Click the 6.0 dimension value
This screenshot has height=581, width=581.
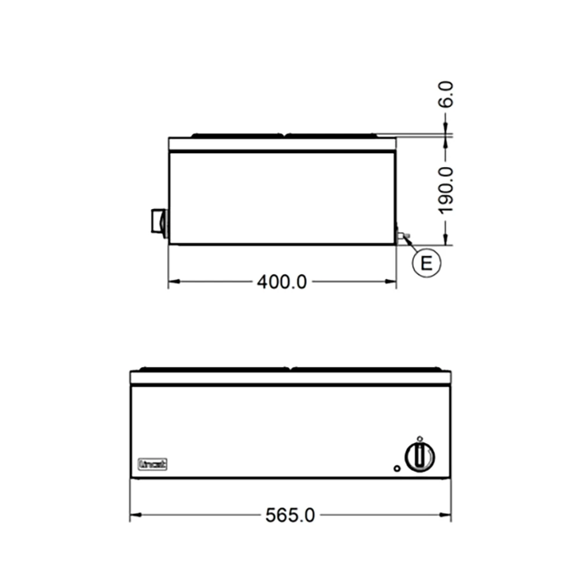[x=446, y=94]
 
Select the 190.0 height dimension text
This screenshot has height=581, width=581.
[x=446, y=190]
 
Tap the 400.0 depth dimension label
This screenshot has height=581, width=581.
[x=282, y=282]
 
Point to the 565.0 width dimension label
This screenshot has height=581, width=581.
[x=290, y=515]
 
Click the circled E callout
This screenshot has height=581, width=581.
[x=426, y=263]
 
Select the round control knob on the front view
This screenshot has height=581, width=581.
[x=420, y=456]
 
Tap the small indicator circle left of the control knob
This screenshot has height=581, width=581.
[x=396, y=468]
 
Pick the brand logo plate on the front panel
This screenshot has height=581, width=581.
[x=153, y=464]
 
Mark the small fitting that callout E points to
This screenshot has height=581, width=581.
[x=402, y=235]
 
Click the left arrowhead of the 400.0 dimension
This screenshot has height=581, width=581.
[x=173, y=282]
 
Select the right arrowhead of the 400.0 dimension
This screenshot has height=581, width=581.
[x=392, y=282]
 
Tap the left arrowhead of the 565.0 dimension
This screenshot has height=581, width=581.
[x=135, y=515]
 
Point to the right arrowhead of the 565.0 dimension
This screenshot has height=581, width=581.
[x=447, y=515]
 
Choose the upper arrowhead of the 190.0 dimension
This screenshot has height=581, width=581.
[x=446, y=142]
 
